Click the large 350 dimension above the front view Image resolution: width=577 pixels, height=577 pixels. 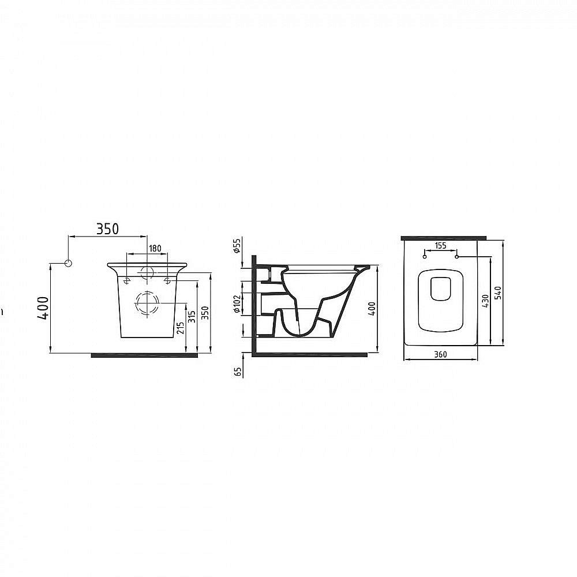point(107,228)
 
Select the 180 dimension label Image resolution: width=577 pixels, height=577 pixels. point(155,248)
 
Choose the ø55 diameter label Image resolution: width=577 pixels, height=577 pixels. point(237,247)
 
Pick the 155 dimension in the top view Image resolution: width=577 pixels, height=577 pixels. point(440,245)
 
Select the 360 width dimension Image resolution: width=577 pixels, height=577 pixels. point(440,354)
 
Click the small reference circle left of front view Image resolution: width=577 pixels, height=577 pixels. point(68,264)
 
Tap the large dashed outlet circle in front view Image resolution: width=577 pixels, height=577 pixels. point(147,303)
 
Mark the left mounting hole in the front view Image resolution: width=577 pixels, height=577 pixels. point(126,281)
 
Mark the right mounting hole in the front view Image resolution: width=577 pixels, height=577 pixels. point(167,281)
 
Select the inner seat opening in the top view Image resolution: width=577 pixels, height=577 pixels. point(441,288)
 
